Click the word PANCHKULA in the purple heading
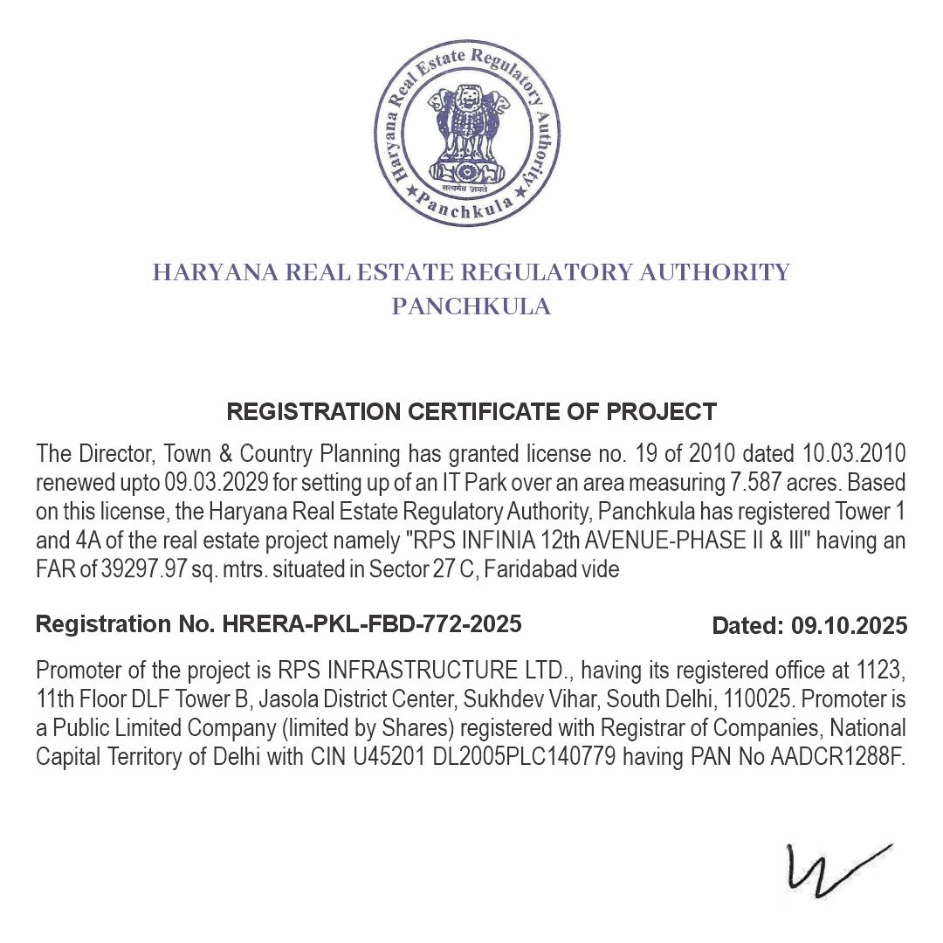pyautogui.click(x=471, y=307)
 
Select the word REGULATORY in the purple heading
pyautogui.click(x=547, y=272)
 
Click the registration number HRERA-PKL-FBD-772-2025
pyautogui.click(x=372, y=624)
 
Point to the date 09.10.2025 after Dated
pyautogui.click(x=849, y=626)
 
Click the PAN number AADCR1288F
pyautogui.click(x=837, y=757)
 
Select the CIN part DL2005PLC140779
pyautogui.click(x=528, y=757)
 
